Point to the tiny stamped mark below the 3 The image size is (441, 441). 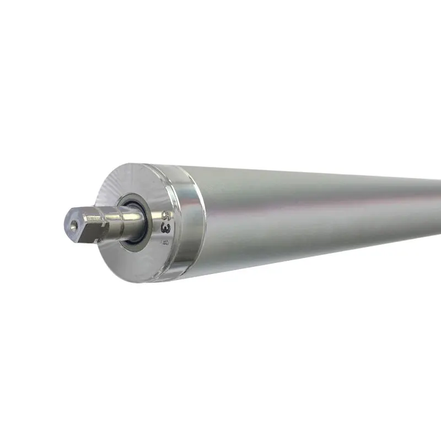click(x=164, y=240)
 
